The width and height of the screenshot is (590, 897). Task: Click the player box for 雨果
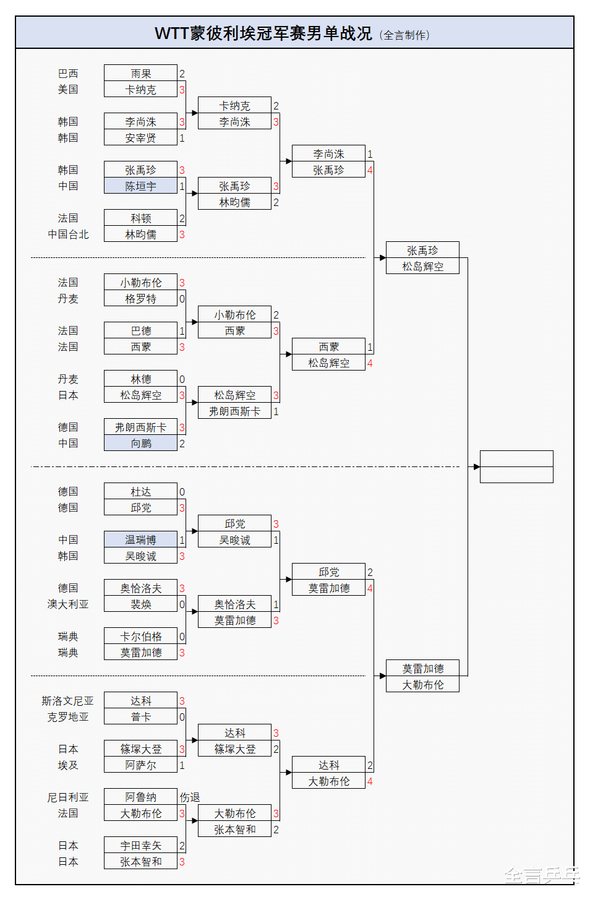click(140, 73)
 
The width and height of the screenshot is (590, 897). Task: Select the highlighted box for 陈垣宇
click(140, 186)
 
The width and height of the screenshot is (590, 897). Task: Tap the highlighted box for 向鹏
click(140, 443)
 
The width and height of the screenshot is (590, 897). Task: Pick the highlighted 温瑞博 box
click(140, 539)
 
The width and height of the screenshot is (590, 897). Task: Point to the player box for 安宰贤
click(140, 137)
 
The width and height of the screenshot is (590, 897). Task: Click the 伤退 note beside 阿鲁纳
click(190, 797)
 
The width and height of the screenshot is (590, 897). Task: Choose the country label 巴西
click(68, 73)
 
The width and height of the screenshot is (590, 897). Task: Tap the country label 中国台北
click(68, 234)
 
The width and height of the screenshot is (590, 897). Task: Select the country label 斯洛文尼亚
click(67, 700)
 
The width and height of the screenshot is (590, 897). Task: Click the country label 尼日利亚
click(68, 797)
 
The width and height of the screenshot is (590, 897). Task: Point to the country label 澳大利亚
click(68, 604)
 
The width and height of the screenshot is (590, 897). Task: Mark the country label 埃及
click(68, 765)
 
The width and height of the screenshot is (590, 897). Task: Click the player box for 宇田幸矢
click(140, 845)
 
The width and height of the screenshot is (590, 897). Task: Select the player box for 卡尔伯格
click(140, 636)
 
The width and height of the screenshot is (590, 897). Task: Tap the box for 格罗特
click(140, 298)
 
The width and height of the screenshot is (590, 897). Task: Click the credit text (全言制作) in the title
click(404, 35)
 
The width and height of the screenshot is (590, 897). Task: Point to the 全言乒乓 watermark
click(542, 875)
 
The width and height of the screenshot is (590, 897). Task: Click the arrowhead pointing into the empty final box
click(476, 466)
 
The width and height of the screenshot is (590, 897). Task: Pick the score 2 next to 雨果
click(182, 74)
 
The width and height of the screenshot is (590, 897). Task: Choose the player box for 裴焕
click(140, 604)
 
